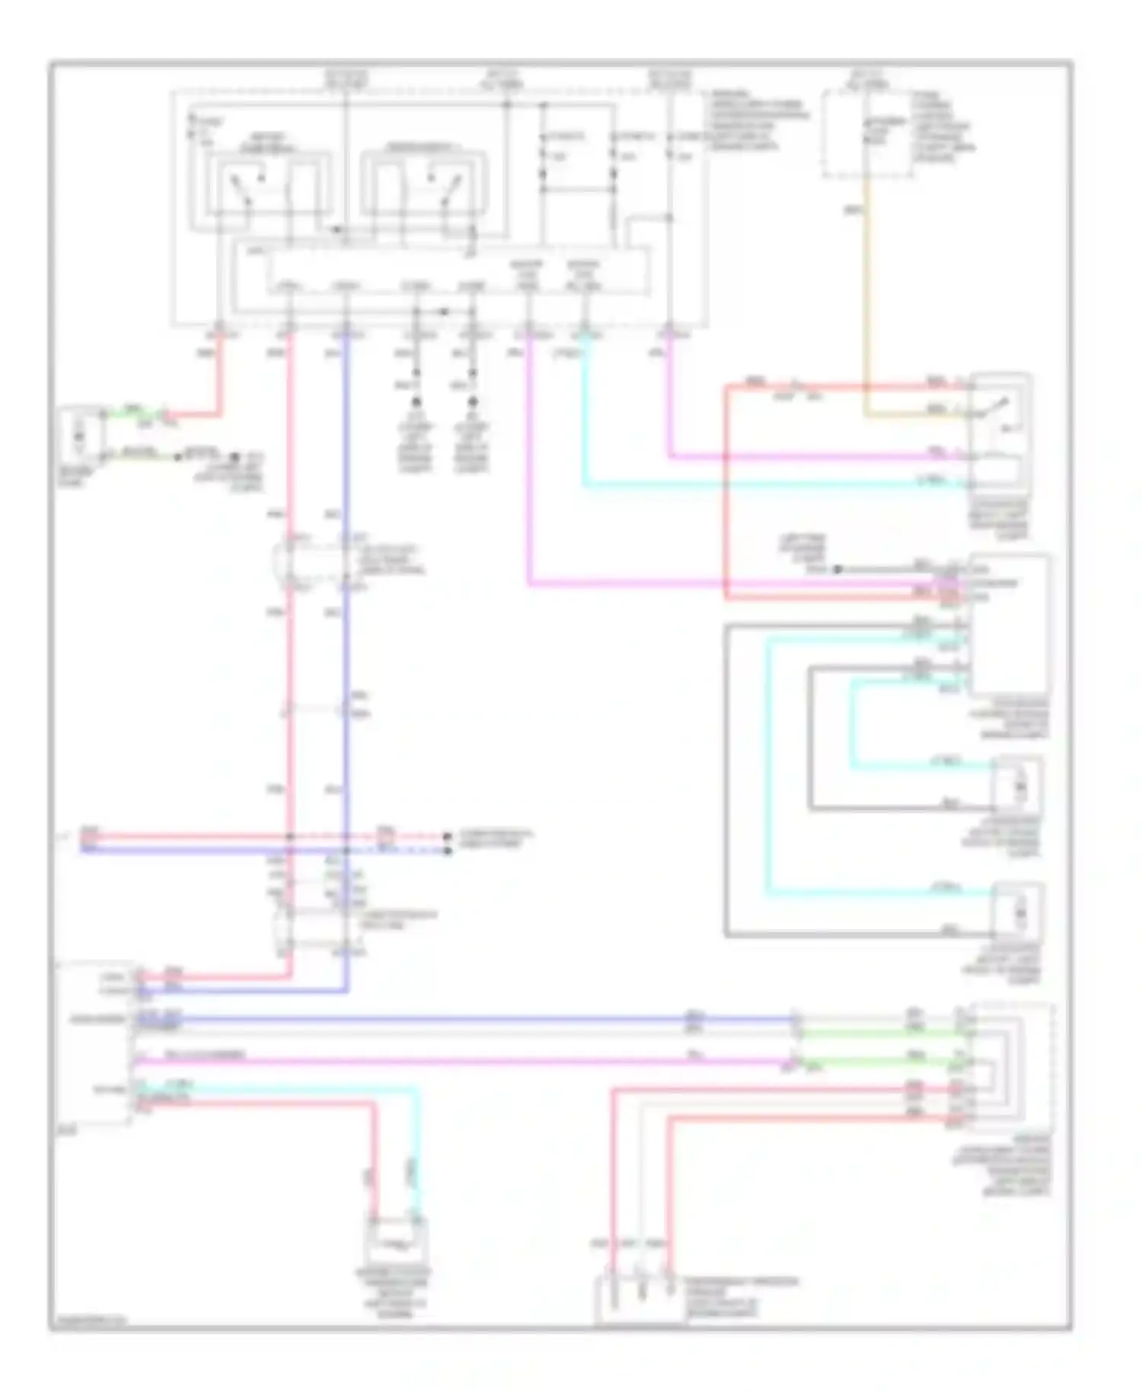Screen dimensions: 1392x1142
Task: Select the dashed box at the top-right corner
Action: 867,135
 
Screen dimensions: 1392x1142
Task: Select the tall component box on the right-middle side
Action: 1010,624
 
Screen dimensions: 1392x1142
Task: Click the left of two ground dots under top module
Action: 416,401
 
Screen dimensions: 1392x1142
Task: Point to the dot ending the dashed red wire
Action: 448,836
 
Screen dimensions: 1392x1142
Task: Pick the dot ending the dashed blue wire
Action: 448,850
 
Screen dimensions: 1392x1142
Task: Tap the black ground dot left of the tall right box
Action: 836,569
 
